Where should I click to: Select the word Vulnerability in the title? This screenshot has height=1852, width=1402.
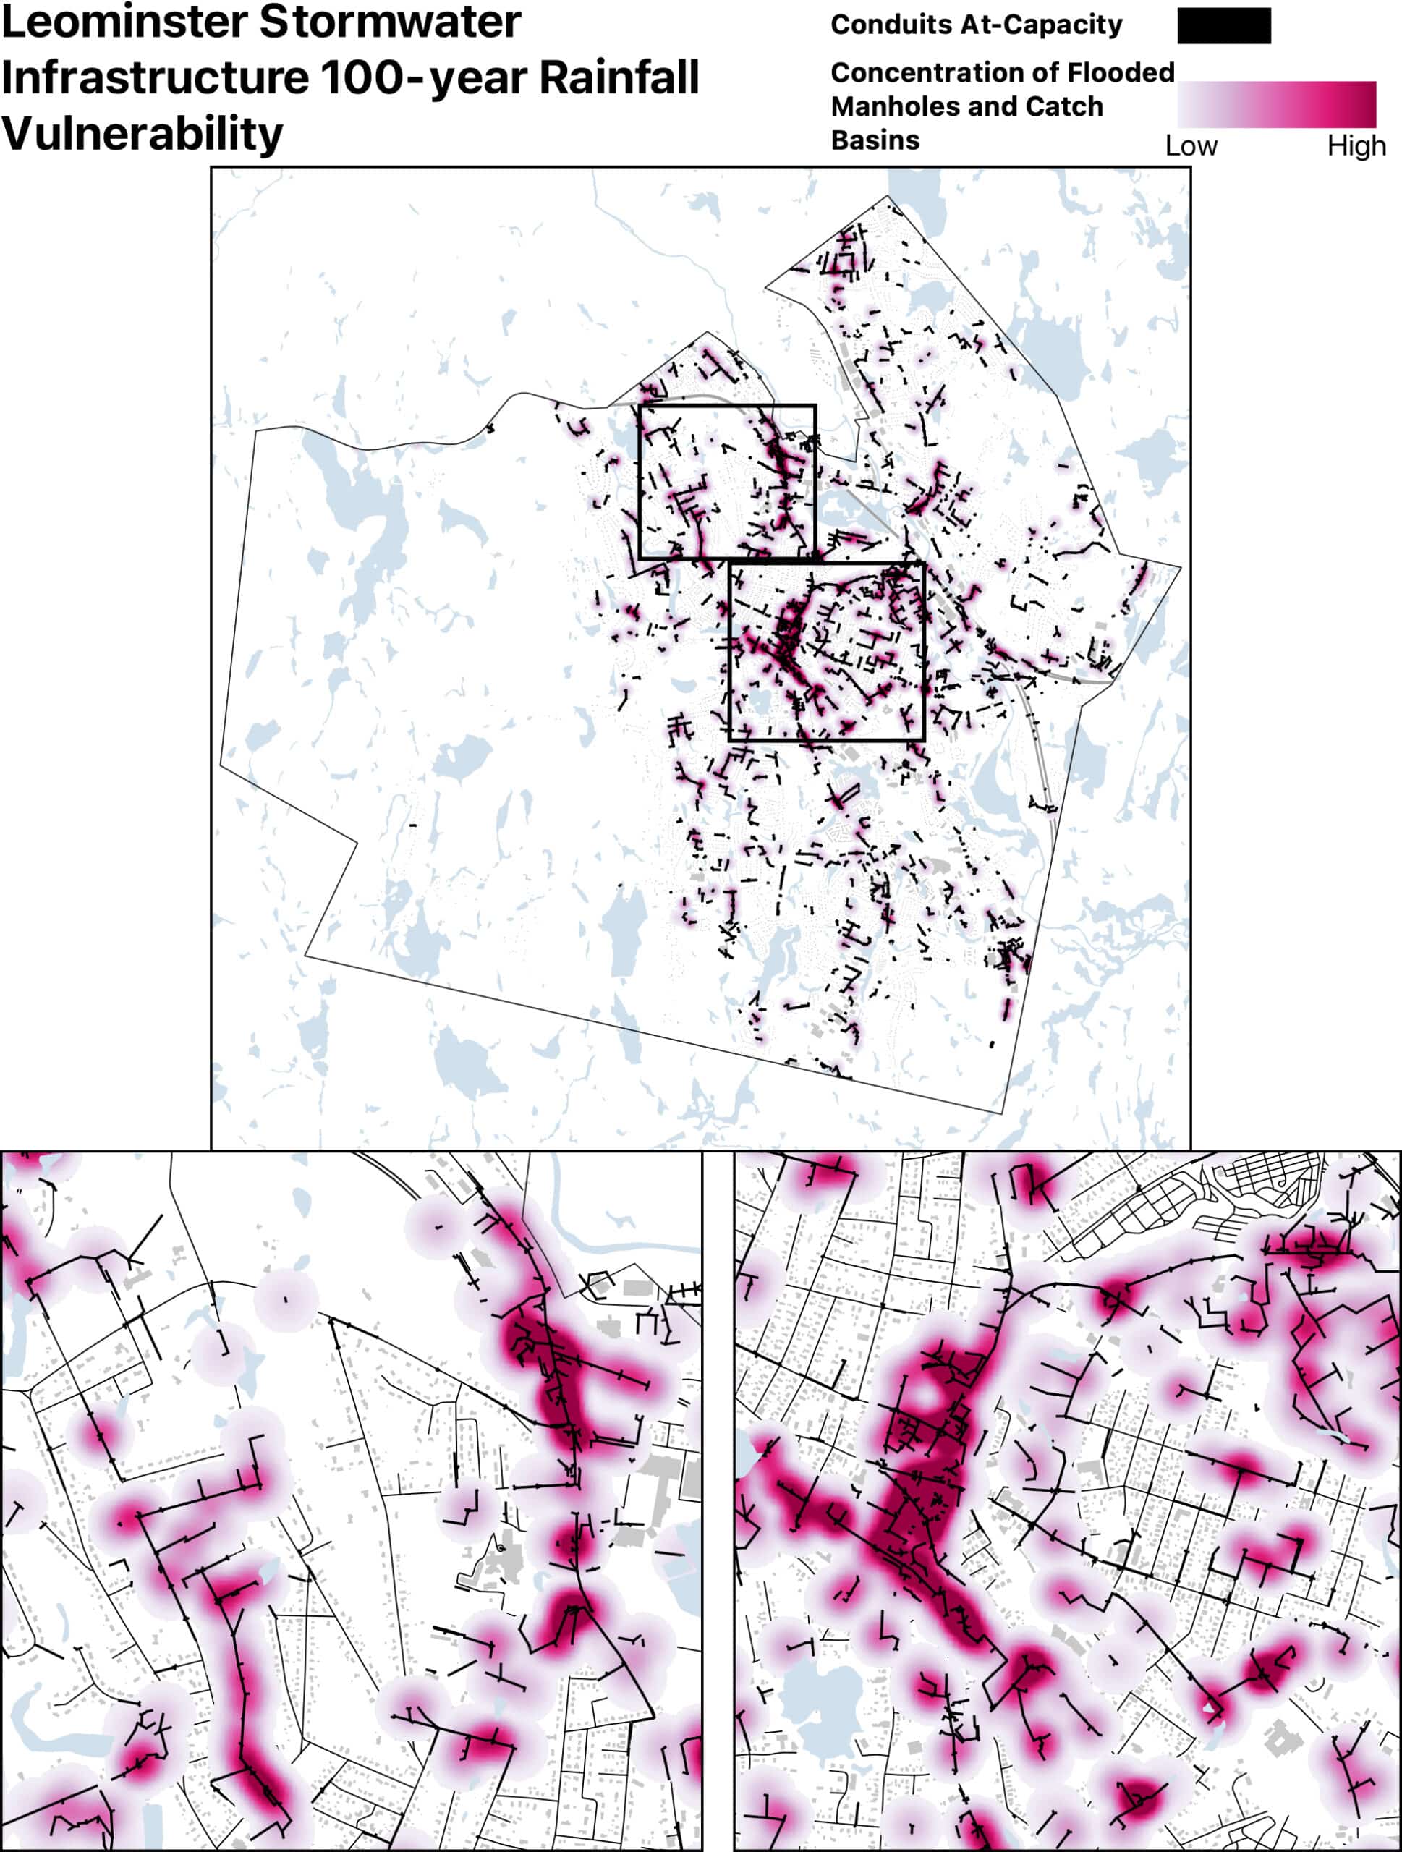[x=143, y=134]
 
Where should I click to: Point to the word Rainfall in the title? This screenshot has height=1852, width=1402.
[x=619, y=78]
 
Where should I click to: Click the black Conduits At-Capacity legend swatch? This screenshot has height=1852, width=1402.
[x=1224, y=26]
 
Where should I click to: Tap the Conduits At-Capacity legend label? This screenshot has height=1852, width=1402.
[x=976, y=25]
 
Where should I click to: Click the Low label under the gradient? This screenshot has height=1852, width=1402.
[x=1190, y=147]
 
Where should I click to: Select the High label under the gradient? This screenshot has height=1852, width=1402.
[x=1356, y=147]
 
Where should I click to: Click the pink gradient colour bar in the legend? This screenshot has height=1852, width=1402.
[x=1276, y=104]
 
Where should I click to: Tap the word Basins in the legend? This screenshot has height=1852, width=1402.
[x=875, y=140]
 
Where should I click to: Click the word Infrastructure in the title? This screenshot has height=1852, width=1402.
[x=156, y=78]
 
